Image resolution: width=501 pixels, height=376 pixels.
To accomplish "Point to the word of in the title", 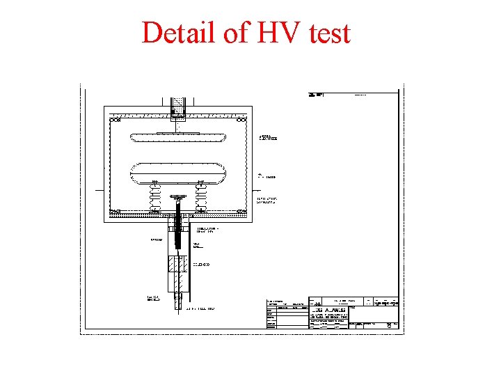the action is pyautogui.click(x=230, y=33).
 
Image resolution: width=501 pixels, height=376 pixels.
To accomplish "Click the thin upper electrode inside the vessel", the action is pyautogui.click(x=177, y=136).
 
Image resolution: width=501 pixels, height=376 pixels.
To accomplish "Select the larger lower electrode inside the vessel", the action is pyautogui.click(x=177, y=171).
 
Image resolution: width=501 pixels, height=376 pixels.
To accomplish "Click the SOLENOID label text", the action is pyautogui.click(x=201, y=265).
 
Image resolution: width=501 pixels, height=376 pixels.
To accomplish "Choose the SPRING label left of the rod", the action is pyautogui.click(x=156, y=240).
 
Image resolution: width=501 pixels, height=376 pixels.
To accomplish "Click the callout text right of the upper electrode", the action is pyautogui.click(x=269, y=138).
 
